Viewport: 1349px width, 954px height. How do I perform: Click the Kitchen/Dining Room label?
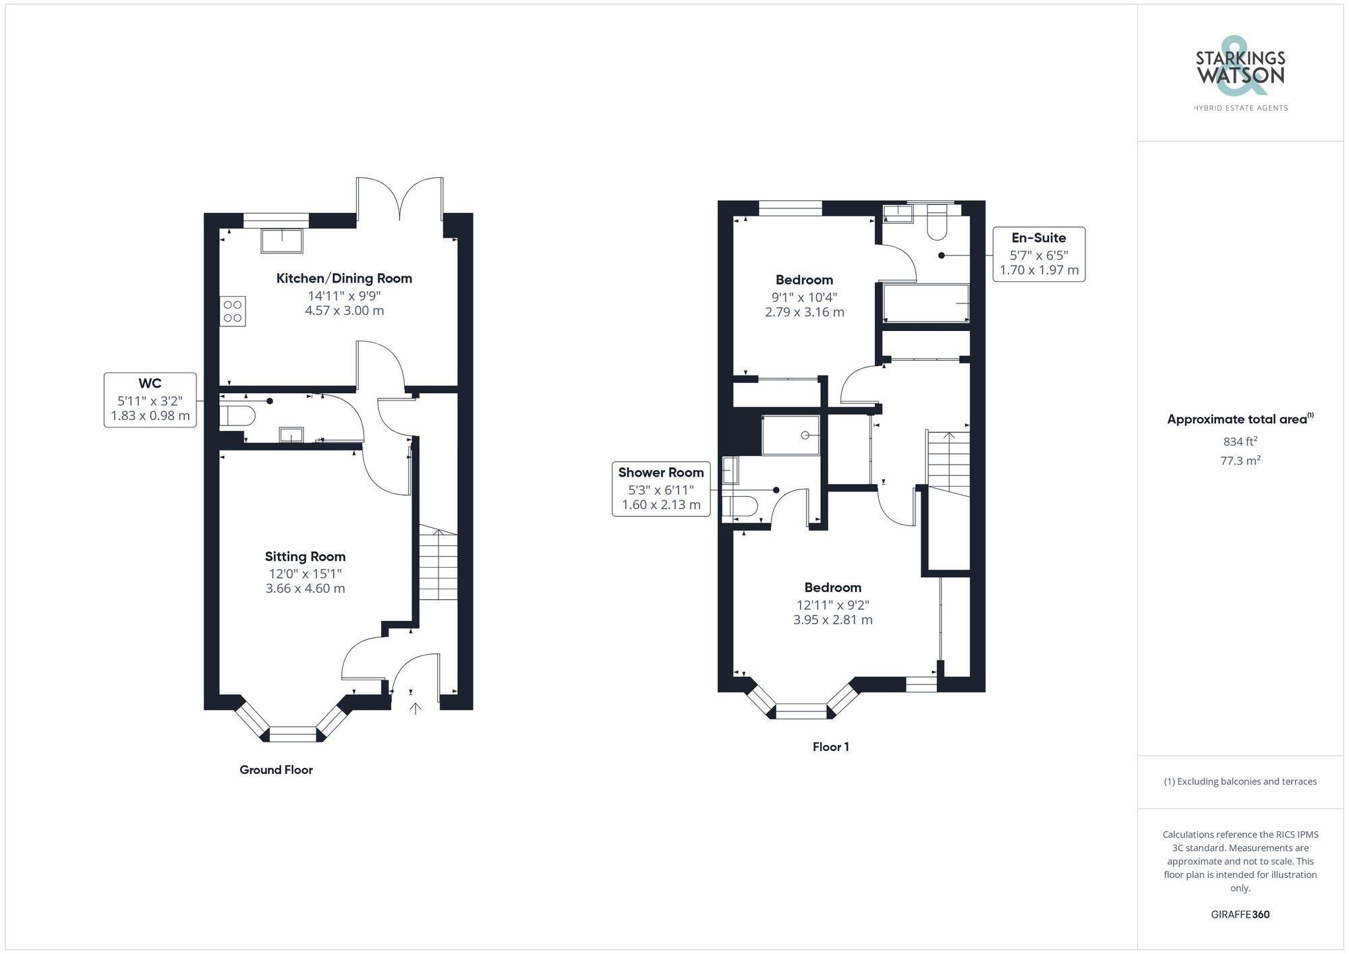[344, 278]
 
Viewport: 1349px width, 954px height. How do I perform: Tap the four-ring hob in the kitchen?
[233, 311]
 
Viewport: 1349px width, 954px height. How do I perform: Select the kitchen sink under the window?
[282, 241]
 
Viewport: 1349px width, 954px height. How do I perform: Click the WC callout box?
[150, 400]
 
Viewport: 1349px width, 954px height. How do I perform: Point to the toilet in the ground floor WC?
[235, 415]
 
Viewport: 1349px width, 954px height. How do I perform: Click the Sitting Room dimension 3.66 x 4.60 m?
[305, 589]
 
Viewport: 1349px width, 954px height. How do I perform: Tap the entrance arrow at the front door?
[415, 708]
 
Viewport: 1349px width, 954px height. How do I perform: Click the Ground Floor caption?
[276, 770]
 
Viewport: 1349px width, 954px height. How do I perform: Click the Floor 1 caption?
[830, 747]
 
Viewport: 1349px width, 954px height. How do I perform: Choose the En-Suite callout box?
[1039, 254]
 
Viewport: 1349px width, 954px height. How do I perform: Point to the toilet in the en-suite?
[937, 223]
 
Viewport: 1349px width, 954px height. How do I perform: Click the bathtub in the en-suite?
[926, 303]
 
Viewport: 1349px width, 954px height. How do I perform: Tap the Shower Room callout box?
[661, 489]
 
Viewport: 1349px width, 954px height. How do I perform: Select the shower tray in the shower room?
[791, 436]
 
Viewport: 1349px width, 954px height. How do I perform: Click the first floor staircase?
[948, 463]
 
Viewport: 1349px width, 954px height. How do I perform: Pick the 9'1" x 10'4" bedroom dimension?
[804, 297]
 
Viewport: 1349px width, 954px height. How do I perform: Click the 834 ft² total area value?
[1240, 442]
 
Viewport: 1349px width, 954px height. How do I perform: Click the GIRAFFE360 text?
[1240, 915]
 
